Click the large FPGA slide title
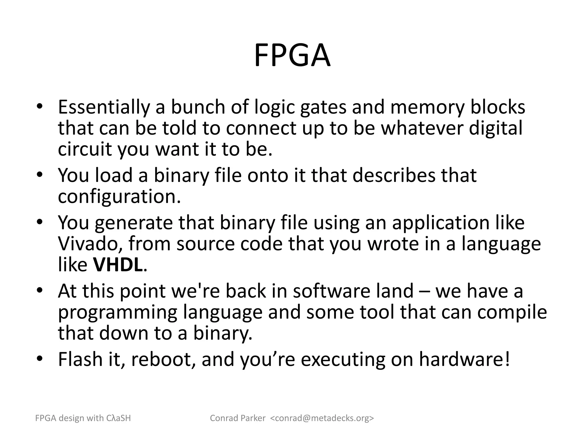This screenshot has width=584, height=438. [x=292, y=56]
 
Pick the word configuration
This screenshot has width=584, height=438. [x=119, y=196]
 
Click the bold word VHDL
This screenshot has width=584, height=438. [x=118, y=265]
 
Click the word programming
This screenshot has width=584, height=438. [x=117, y=312]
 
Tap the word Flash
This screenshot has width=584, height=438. [x=80, y=359]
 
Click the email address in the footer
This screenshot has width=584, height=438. [x=322, y=418]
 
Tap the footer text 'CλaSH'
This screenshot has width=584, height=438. [x=118, y=418]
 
